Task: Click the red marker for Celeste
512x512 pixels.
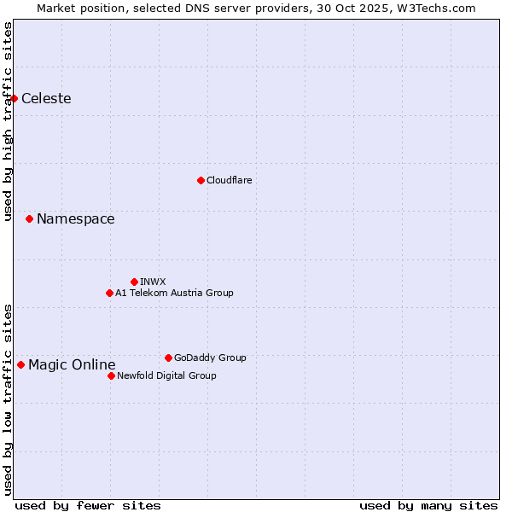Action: coord(15,98)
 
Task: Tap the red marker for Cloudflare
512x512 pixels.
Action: coord(201,180)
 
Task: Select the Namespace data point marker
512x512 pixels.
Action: coord(29,219)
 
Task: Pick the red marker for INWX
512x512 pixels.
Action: coord(134,282)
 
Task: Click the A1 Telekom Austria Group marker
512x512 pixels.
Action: coord(109,293)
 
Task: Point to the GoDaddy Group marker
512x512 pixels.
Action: coord(168,358)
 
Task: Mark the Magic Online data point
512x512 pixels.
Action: coord(20,365)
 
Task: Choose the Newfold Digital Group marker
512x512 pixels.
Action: coord(111,375)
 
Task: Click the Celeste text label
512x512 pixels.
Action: coord(46,98)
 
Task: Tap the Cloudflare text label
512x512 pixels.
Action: coord(229,180)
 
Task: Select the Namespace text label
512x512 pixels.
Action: coord(75,219)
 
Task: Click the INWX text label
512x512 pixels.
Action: coord(153,282)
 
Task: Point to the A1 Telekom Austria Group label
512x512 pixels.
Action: coord(174,293)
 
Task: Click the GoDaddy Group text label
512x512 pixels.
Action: coord(210,358)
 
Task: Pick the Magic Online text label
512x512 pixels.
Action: coord(72,365)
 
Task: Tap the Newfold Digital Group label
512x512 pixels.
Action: coord(166,375)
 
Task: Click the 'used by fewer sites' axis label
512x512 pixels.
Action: coord(88,505)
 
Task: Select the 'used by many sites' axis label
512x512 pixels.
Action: coord(428,505)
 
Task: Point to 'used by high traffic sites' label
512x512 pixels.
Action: coord(8,121)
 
